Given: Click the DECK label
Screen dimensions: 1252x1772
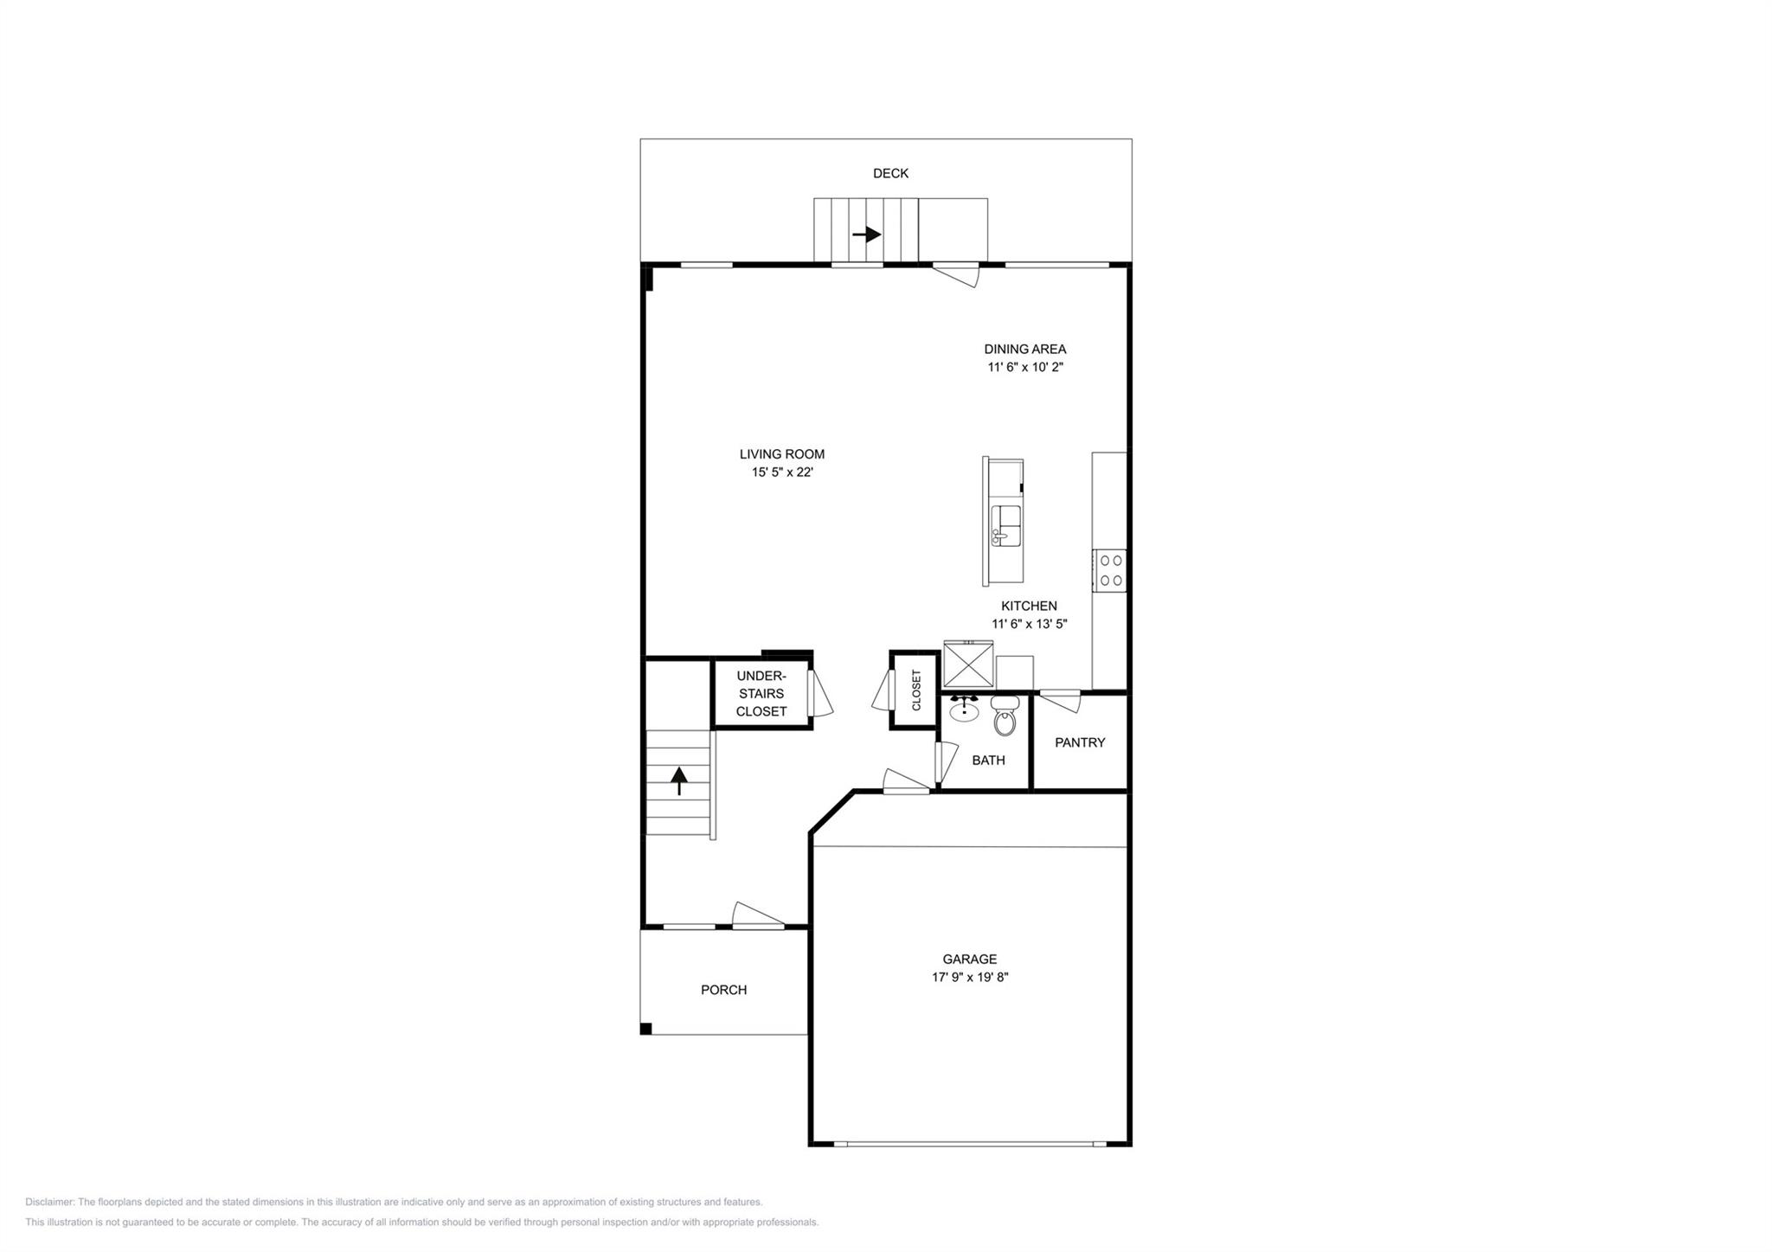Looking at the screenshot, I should pos(890,173).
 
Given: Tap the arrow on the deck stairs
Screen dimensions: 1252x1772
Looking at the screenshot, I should pos(867,234).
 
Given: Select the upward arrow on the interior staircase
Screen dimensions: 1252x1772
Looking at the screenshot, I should pos(679,780).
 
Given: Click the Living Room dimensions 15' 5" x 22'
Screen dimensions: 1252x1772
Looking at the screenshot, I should pos(782,472).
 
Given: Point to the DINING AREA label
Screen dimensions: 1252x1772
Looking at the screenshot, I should pos(1024,349).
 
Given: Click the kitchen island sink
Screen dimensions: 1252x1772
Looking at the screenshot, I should pos(1005,525).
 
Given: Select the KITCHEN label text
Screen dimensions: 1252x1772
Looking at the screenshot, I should pos(1029,606).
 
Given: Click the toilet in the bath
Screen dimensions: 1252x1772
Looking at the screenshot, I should pos(1005,716).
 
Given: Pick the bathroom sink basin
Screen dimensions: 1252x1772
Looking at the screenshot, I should pos(964,711).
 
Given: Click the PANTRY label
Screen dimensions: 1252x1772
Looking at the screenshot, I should pos(1080,742).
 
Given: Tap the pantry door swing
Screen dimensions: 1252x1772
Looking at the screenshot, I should pos(1061,700).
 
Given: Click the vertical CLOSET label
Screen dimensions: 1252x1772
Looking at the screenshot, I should pos(916,690).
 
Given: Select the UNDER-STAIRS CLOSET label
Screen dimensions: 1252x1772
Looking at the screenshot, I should pos(761,693).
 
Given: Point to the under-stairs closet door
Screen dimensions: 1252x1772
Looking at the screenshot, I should pos(819,694).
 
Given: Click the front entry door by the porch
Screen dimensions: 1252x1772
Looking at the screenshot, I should pos(759,915).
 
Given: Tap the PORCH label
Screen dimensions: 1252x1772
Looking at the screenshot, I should pos(723,990).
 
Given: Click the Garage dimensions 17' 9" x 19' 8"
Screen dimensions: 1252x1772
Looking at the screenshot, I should pos(970,978).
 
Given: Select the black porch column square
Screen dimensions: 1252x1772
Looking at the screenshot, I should pos(645,1029).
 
